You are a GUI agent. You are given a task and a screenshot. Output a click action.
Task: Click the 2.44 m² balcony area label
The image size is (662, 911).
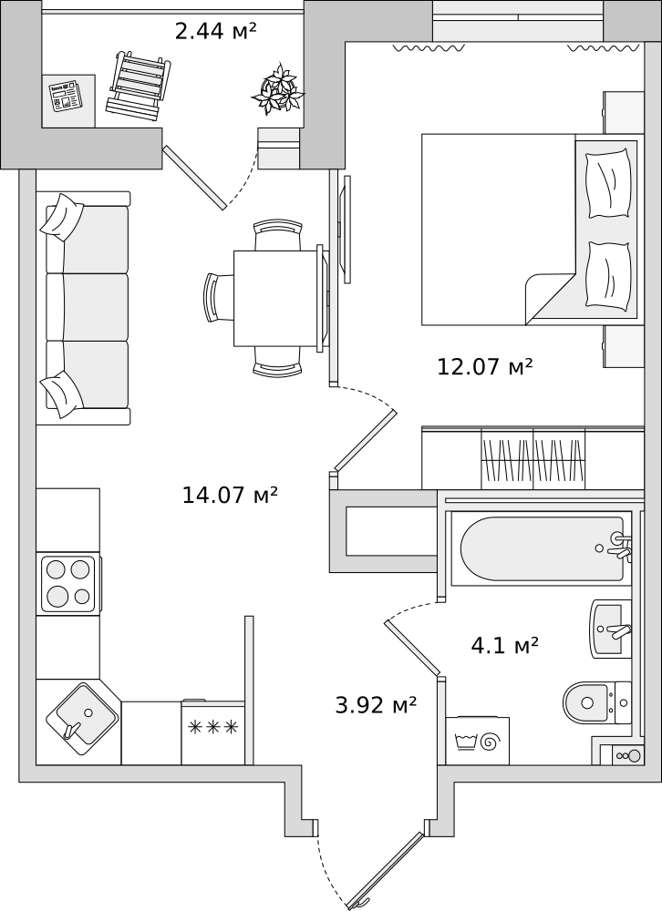point(215,32)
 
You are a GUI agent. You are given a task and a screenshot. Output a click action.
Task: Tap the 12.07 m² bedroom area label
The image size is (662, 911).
point(484,367)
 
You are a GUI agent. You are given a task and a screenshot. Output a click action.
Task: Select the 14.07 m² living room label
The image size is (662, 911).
point(229,496)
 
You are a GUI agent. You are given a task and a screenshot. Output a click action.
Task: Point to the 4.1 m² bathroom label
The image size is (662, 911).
point(504,646)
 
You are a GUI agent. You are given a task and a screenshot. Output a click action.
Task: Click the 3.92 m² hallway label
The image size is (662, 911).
point(376,704)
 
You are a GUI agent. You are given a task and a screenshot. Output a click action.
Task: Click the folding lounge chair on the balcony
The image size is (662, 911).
point(139,86)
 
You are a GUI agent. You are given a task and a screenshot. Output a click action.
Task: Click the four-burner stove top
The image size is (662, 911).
point(68,583)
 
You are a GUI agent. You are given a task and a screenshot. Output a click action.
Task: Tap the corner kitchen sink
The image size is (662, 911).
point(82,717)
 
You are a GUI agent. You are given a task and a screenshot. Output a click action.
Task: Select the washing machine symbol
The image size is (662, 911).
point(477,741)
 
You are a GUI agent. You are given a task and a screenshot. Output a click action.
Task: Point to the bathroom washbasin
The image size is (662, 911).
point(609,629)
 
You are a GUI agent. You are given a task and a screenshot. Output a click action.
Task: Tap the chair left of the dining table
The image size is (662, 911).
point(218,298)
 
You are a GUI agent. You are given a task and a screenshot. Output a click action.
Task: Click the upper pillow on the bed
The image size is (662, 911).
point(608,184)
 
